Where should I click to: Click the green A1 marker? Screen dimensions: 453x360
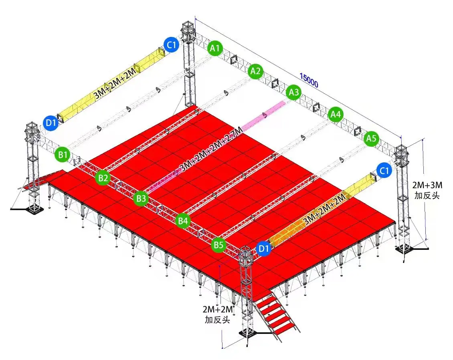[x=215, y=49]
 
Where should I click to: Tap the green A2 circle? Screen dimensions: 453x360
[x=255, y=71]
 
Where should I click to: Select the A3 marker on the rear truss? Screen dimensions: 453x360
[x=294, y=93]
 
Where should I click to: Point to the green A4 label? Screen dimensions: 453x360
[x=335, y=115]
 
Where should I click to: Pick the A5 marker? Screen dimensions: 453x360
[x=372, y=139]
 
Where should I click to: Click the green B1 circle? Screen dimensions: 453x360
[x=62, y=155]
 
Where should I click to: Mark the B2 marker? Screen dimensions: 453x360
[x=103, y=178]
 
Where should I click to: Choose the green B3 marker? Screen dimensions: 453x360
[x=141, y=198]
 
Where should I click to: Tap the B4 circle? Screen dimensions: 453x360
[x=183, y=220]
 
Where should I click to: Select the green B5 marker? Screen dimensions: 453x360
[x=218, y=244]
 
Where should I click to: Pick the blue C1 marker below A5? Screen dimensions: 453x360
[x=384, y=171]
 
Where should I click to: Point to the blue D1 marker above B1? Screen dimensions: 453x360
[x=51, y=123]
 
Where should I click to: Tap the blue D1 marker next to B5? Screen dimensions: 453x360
[x=263, y=249]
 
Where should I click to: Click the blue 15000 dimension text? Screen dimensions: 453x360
[x=309, y=80]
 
